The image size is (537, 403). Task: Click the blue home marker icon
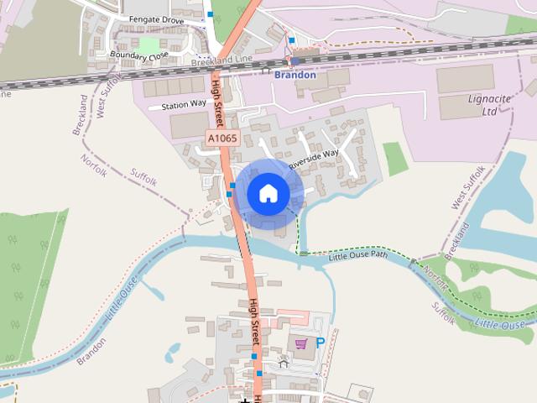[268, 193]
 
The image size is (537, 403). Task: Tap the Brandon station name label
[295, 75]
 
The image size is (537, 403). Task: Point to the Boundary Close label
[139, 56]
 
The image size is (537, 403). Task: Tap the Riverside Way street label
[314, 159]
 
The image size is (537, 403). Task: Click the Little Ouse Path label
[358, 254]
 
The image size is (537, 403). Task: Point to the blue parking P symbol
[320, 342]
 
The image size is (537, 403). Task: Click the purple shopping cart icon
[300, 343]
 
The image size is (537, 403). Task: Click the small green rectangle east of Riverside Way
[395, 159]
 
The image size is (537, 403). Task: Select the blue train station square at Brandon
[295, 60]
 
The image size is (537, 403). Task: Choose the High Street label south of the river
[255, 322]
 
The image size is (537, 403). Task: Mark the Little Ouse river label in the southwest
[120, 307]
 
